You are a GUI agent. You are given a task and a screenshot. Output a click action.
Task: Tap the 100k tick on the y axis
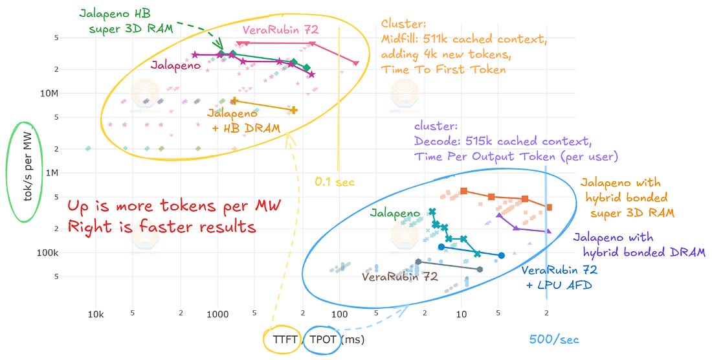coord(48,253)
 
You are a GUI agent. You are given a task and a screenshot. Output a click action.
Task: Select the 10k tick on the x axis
coord(96,314)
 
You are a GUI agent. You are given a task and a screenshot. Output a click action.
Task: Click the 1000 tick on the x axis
coord(218,314)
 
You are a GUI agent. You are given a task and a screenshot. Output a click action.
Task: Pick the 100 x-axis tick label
coord(340,314)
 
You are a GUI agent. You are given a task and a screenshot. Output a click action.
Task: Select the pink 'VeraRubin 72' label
coord(281,30)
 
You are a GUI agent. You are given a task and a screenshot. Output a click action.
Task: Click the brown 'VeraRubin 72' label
coord(400,276)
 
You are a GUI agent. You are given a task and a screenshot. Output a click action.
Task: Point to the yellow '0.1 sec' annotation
coord(335,182)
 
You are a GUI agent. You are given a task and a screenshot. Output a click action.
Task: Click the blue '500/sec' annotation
coord(554,339)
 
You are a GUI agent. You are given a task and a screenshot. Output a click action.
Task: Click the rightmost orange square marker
coord(549,207)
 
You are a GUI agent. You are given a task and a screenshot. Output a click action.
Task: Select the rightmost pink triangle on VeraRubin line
coord(355,63)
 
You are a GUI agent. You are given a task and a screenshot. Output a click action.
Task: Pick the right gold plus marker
coord(293,110)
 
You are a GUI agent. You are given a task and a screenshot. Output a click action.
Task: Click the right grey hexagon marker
coord(480,269)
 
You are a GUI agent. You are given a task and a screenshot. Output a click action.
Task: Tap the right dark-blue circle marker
coord(501,256)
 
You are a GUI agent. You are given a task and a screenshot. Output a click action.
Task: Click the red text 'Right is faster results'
coord(162,225)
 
